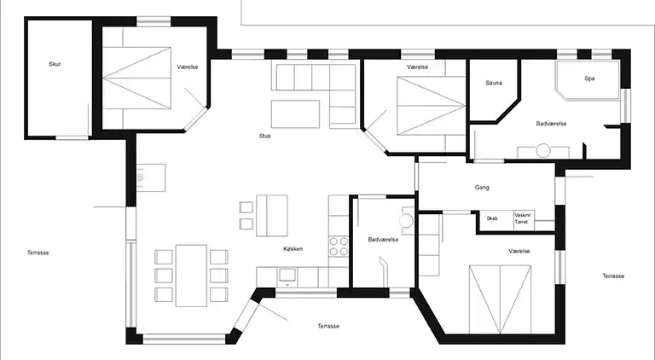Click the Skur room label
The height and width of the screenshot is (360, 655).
55,64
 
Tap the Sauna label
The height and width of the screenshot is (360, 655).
494,83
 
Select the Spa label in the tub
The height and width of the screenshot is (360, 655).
589,78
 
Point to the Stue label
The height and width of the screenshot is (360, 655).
265,136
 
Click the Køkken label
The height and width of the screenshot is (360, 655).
293,249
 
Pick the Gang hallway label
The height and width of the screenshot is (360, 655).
482,188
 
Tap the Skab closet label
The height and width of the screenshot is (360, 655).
492,218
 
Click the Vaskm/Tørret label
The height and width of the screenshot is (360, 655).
522,218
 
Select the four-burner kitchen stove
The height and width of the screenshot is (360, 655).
339,246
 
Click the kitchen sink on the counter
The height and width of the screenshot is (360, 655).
287,276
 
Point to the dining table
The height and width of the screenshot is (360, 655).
191,276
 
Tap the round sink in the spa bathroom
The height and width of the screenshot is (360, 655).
543,150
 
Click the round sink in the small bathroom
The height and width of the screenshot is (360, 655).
406,220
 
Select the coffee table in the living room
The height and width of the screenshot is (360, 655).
295,114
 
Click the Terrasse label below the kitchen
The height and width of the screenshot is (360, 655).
328,326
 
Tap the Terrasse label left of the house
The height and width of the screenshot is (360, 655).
38,253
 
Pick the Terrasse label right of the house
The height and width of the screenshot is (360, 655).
613,276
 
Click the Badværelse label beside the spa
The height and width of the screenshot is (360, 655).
552,124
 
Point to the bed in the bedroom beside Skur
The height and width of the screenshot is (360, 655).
137,78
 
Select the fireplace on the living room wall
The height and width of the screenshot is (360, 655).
151,178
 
